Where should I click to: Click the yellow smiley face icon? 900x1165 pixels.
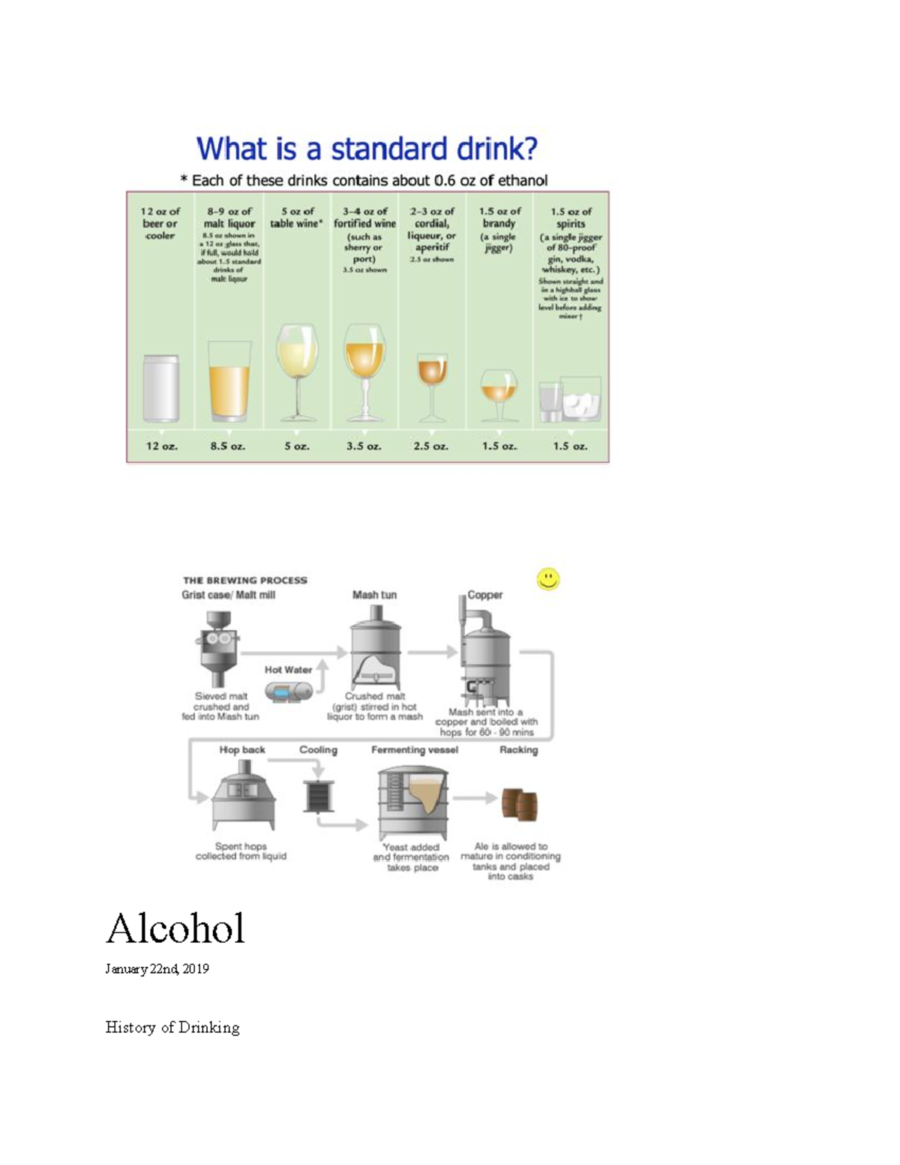pyautogui.click(x=548, y=578)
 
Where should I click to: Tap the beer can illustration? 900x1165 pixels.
pyautogui.click(x=161, y=388)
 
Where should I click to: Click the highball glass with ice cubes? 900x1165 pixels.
pyautogui.click(x=580, y=399)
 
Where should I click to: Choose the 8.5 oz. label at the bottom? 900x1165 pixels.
pyautogui.click(x=228, y=446)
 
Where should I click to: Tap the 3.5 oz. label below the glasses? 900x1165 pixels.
pyautogui.click(x=364, y=446)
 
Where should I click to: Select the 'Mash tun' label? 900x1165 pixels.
pyautogui.click(x=374, y=595)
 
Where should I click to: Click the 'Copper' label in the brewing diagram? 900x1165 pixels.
pyautogui.click(x=485, y=595)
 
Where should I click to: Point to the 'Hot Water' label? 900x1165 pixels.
pyautogui.click(x=288, y=669)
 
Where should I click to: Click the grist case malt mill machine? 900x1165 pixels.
pyautogui.click(x=218, y=647)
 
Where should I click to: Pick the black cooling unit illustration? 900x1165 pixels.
pyautogui.click(x=319, y=796)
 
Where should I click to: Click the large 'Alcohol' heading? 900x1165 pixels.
pyautogui.click(x=175, y=929)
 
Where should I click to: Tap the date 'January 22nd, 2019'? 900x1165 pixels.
pyautogui.click(x=157, y=968)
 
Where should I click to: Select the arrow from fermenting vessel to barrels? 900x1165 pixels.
pyautogui.click(x=475, y=797)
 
